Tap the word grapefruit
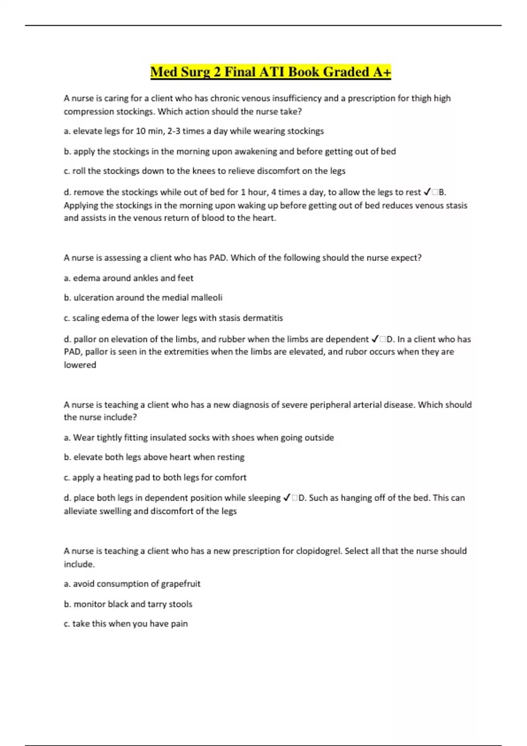pyautogui.click(x=180, y=584)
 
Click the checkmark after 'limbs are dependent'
pyautogui.click(x=375, y=339)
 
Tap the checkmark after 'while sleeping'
pyautogui.click(x=287, y=498)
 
